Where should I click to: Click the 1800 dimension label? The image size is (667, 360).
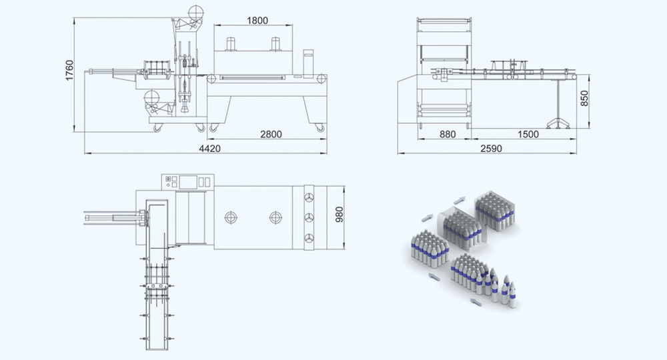257,21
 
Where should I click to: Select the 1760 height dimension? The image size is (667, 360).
70,71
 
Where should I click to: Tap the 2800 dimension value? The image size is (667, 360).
271,134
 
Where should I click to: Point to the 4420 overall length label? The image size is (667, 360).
209,149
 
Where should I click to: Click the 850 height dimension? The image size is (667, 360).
584,99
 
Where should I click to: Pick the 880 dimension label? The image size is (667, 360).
448,134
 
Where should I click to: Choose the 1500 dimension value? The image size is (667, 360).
528,134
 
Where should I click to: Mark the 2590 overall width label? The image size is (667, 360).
492,149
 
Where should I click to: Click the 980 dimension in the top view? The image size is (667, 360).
339,215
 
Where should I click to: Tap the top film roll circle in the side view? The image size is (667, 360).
196,13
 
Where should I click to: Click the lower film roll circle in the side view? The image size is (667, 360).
151,98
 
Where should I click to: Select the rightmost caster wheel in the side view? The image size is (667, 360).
320,127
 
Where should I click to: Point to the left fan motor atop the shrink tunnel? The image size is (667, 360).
231,44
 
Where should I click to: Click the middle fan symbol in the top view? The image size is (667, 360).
309,217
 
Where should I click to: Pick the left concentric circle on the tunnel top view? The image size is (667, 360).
231,217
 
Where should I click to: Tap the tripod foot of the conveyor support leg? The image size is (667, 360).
558,123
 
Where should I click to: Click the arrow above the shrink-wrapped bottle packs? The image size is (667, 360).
460,200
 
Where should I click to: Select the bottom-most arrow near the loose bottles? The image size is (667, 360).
476,302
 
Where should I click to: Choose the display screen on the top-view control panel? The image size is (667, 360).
188,182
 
